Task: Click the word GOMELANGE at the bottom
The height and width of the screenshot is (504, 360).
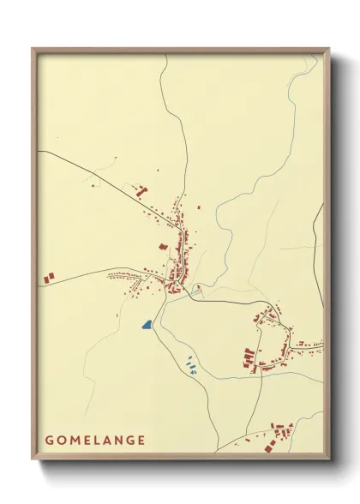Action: pyautogui.click(x=94, y=441)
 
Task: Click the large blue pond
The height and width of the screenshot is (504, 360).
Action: pyautogui.click(x=147, y=326)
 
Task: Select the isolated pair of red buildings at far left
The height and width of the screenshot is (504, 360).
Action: pyautogui.click(x=50, y=276)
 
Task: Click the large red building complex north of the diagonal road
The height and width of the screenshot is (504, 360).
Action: pyautogui.click(x=141, y=190)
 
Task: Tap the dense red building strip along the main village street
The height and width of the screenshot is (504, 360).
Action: pyautogui.click(x=180, y=249)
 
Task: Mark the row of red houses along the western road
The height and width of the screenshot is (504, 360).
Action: pyautogui.click(x=129, y=277)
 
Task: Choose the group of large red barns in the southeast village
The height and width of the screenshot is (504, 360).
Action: pyautogui.click(x=249, y=358)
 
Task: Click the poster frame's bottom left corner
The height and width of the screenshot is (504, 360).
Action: pyautogui.click(x=34, y=460)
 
